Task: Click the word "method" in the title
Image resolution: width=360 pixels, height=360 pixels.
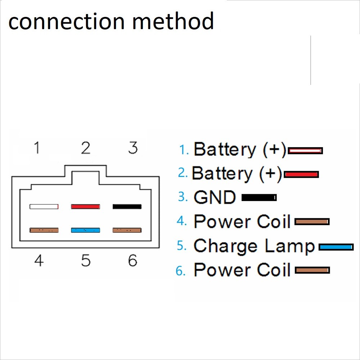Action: coord(173,21)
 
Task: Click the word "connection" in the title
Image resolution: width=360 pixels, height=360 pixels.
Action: coord(67,22)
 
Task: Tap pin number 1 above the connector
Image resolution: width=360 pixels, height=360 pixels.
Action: coord(37,147)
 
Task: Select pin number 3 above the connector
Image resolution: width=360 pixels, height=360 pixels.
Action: coord(133,147)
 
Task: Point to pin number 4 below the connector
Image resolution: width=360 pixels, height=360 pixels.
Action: coord(39,260)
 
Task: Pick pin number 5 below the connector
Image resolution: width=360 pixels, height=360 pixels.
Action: coord(86,260)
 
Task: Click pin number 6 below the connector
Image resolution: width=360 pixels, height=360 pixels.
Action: coord(132,260)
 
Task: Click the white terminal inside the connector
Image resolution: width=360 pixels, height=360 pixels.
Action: coord(44,207)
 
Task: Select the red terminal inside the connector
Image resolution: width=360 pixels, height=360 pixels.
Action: coord(86,207)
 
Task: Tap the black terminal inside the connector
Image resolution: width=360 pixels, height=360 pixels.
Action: coord(127,207)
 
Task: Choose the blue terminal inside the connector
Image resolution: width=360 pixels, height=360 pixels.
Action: coord(86,230)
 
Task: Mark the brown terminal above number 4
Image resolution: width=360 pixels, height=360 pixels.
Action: coord(44,230)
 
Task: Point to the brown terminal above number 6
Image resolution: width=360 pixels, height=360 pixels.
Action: coord(127,230)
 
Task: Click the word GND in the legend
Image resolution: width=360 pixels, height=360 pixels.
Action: coord(215,197)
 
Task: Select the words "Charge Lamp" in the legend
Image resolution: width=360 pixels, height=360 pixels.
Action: coord(254,246)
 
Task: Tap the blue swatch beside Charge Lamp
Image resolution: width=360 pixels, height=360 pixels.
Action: coord(336,247)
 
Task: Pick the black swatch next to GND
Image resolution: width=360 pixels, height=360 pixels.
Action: coord(259,198)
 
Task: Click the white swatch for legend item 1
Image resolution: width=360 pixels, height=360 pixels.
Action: coord(305,151)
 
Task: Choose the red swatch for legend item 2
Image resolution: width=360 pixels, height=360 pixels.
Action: coord(301,174)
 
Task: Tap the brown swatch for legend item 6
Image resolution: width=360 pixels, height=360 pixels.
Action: coord(312,270)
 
